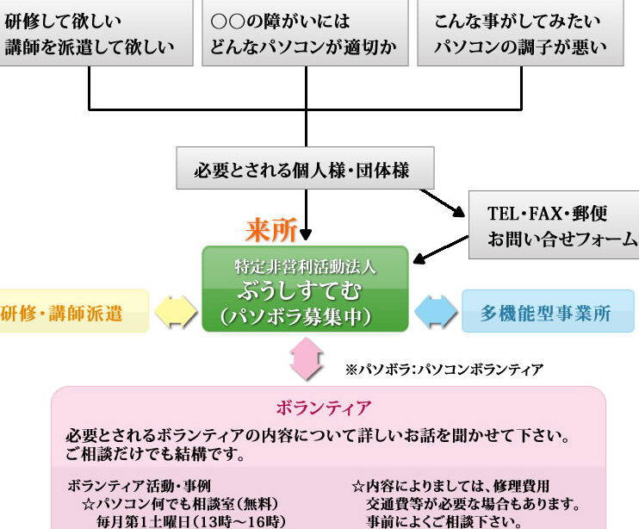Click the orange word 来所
tap(271, 230)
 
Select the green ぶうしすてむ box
tap(305, 289)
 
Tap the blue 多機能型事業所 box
tap(547, 312)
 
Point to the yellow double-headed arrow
tap(176, 312)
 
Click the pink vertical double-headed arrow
tap(306, 358)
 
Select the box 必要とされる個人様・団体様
tap(305, 169)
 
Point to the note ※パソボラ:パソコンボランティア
tap(444, 370)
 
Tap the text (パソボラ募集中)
tap(305, 316)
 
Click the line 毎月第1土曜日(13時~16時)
tap(189, 520)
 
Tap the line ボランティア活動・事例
tap(139, 485)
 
